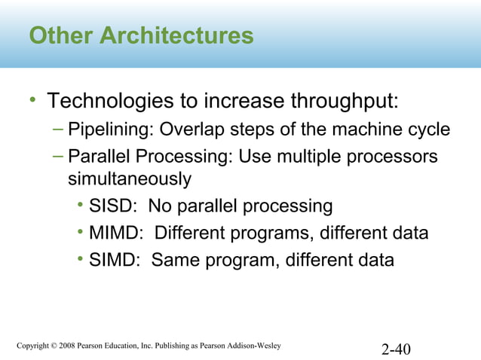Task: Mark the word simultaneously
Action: (x=129, y=180)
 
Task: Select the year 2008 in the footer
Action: (x=78, y=346)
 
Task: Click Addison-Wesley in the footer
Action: (x=253, y=346)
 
